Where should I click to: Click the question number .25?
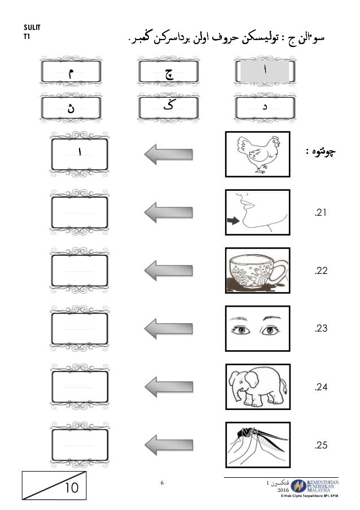click(321, 446)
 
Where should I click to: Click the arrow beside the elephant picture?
click(168, 386)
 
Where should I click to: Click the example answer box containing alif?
click(79, 153)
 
